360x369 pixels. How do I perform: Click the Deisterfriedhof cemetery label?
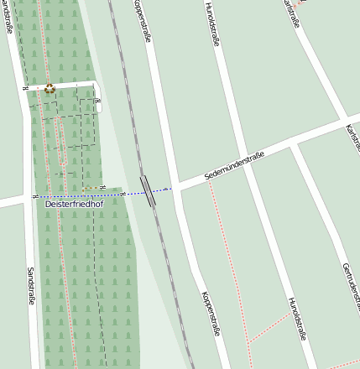[x=73, y=203]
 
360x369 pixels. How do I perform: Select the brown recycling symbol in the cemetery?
[x=50, y=88]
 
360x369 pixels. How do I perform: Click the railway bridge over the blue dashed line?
[x=149, y=191]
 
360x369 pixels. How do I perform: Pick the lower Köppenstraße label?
[x=211, y=314]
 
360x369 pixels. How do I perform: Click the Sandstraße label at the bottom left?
[x=30, y=285]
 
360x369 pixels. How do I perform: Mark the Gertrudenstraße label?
[x=352, y=286]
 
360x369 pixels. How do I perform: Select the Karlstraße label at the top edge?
[x=290, y=12]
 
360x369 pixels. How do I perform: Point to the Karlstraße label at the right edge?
[x=352, y=138]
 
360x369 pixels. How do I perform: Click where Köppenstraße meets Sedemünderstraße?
[x=174, y=188]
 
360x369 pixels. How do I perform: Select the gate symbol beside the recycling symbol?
[x=26, y=88]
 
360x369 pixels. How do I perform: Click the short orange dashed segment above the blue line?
[x=92, y=189]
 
